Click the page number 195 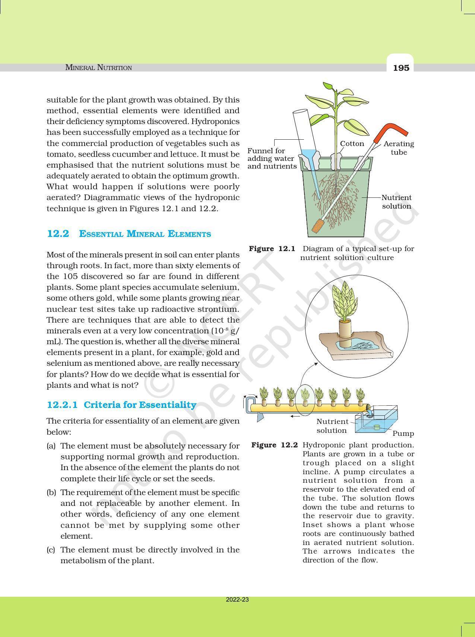401,68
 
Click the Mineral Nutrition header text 98,67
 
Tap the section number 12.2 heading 58,234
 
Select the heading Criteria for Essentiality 140,405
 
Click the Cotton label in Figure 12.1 352,144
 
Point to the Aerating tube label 399,148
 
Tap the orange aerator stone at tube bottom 317,226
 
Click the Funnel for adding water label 271,158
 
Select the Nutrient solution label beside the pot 396,202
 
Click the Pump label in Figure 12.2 403,434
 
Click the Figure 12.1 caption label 272,249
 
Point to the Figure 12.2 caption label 275,445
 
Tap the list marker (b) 51,492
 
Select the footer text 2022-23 237,600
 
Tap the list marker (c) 51,550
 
